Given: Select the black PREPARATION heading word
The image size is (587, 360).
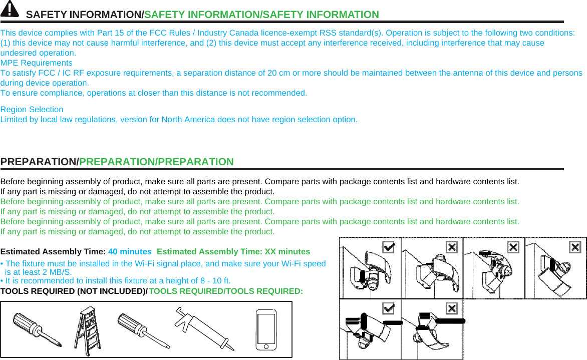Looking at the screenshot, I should click(39, 162).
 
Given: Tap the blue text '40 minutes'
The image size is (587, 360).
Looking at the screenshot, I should click(130, 252).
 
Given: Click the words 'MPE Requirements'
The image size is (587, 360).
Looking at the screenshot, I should click(37, 63).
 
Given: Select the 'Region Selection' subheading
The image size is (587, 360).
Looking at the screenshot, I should click(32, 110).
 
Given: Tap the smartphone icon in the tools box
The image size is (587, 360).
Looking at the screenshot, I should click(266, 329).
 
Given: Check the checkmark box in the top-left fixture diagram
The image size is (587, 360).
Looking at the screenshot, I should click(388, 247).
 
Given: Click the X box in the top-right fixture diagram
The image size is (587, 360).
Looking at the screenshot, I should click(575, 247).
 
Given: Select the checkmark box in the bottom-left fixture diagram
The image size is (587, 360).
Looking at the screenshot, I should click(388, 308).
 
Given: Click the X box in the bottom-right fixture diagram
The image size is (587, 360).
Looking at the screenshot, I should click(451, 308).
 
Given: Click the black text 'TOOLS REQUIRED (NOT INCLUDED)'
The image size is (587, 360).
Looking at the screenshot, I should click(73, 291).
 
